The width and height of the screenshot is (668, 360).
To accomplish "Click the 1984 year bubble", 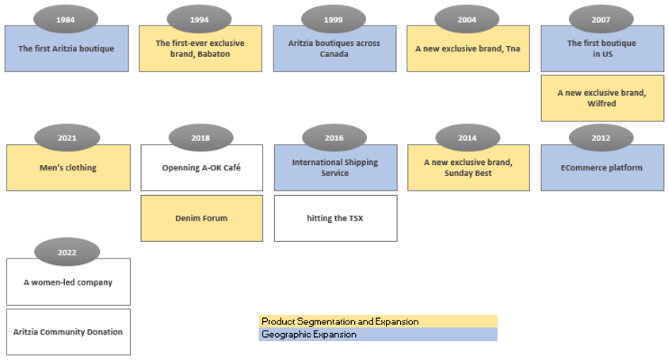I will click(x=66, y=19).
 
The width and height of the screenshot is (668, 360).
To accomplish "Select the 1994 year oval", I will click(x=200, y=19).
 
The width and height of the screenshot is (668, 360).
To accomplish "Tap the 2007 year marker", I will click(x=601, y=19).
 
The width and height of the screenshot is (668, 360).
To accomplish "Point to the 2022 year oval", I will click(x=67, y=252).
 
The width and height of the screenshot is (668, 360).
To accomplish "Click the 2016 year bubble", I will click(x=334, y=138).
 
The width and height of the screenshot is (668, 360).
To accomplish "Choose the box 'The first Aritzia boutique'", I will click(x=67, y=49).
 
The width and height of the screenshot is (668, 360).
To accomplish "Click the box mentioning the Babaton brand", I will click(x=200, y=49).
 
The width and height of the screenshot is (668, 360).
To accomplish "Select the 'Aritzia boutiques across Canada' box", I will click(x=334, y=49).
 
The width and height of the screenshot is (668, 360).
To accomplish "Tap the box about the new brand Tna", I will click(x=468, y=49).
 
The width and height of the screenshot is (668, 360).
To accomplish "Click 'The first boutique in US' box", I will click(x=602, y=49).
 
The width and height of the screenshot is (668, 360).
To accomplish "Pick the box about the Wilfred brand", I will click(x=602, y=98).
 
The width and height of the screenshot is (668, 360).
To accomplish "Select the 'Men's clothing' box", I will click(x=68, y=168).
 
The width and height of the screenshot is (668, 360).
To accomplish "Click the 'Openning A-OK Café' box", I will click(x=201, y=168).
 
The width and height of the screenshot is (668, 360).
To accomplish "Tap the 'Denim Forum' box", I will click(x=201, y=218).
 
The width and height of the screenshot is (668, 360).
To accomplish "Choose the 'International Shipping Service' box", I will click(x=335, y=168).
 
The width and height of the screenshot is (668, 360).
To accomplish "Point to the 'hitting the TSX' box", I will click(x=335, y=218).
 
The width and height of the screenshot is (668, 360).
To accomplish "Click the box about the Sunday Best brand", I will click(x=468, y=168).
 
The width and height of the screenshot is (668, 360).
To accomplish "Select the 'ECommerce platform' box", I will click(x=602, y=168).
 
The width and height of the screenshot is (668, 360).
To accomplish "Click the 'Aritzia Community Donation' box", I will click(x=68, y=331).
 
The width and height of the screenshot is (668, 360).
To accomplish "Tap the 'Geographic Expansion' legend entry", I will click(x=378, y=335).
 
